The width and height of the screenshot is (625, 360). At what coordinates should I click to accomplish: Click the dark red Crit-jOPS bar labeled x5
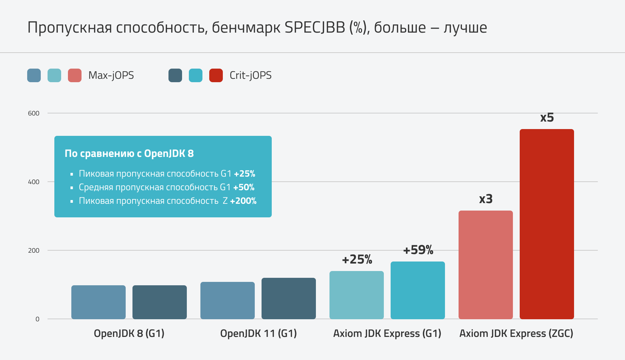[547, 224]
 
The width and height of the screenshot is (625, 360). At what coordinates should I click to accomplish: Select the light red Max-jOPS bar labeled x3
[485, 265]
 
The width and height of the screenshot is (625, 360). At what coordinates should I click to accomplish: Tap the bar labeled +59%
[417, 290]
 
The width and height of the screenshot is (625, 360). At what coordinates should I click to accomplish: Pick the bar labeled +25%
[356, 295]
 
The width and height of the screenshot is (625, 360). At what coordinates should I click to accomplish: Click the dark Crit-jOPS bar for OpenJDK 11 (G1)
[288, 299]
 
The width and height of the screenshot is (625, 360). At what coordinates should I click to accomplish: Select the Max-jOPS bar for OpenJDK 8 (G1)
[98, 302]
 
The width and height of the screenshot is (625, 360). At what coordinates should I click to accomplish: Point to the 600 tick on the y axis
[34, 113]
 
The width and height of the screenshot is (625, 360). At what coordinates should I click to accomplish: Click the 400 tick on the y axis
[34, 182]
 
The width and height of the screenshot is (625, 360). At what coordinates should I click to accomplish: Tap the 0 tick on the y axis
[37, 319]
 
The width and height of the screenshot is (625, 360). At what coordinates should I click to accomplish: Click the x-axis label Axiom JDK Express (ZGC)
[516, 334]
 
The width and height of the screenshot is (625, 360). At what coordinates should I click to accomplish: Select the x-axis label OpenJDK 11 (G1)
[258, 334]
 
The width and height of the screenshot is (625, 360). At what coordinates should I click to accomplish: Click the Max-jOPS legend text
[111, 75]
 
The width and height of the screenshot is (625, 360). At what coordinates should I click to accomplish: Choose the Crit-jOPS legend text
[250, 75]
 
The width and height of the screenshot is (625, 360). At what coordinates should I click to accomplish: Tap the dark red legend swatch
[216, 75]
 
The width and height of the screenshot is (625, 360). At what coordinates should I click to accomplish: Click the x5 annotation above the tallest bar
[547, 118]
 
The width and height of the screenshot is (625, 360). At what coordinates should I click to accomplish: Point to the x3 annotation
[486, 199]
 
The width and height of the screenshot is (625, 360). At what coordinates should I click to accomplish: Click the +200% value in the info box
[243, 201]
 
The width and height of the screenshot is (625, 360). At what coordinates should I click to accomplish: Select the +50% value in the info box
[244, 187]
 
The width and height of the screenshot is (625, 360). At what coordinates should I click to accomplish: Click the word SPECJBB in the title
[315, 28]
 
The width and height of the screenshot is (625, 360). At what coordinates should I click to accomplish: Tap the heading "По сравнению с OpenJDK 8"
[129, 154]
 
